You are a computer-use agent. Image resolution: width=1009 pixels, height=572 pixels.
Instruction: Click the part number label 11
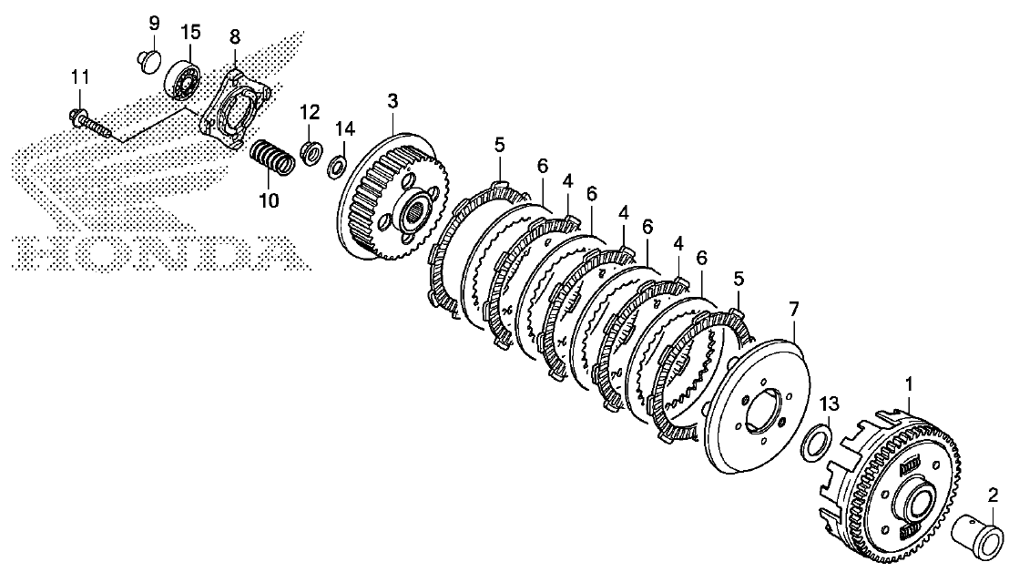[80, 77]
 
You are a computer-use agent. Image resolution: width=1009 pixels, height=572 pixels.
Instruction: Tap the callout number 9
[154, 25]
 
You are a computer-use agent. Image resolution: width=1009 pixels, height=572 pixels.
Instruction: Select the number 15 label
[190, 32]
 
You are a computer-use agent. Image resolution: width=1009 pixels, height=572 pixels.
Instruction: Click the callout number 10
[270, 200]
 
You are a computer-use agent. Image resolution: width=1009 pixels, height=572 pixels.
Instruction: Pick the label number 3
[392, 101]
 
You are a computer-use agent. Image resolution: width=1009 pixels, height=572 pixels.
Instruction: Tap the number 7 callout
[793, 310]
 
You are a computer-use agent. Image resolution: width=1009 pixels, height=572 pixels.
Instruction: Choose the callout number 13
[830, 404]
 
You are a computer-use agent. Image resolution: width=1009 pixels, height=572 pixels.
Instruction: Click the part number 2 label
[993, 495]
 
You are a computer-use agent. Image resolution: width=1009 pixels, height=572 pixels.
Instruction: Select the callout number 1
[909, 384]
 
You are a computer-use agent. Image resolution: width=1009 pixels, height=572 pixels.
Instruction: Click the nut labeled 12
[311, 155]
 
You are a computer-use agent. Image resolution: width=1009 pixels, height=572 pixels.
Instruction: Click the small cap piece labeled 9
[148, 63]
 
